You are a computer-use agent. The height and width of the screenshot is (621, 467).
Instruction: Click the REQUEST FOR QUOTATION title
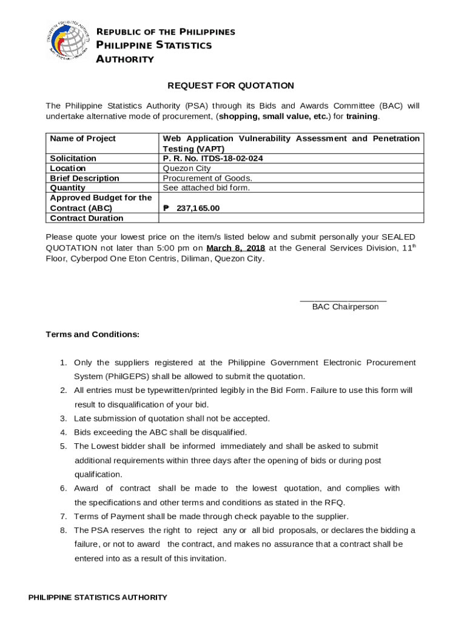tap(230, 86)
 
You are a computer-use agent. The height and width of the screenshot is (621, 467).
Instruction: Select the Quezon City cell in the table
tap(187, 168)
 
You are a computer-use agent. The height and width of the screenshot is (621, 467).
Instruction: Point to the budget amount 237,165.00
tap(198, 208)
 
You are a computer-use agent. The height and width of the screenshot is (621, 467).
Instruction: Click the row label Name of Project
tap(82, 138)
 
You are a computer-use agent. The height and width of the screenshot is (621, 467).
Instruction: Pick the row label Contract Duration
tap(86, 218)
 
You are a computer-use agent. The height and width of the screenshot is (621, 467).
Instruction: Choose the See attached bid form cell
tap(206, 188)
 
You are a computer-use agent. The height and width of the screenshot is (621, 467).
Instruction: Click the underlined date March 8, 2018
tap(235, 248)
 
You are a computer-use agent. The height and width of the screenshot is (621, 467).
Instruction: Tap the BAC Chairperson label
tap(345, 307)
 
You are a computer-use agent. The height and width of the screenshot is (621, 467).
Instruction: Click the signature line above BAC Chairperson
tap(343, 300)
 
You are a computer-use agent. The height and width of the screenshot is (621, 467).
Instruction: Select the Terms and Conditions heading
tap(92, 334)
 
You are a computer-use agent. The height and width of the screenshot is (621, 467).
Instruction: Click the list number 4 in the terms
tap(63, 432)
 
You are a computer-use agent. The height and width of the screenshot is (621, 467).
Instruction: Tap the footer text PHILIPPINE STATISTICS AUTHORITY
tap(98, 597)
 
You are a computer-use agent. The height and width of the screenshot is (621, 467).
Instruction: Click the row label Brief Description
tap(84, 178)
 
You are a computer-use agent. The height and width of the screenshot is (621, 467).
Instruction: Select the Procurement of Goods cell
tap(207, 178)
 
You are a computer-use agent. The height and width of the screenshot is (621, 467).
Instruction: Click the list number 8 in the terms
tap(63, 531)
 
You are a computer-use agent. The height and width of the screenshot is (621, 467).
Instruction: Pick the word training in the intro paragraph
tap(361, 116)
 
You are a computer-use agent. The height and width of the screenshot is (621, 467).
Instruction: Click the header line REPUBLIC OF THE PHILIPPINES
tap(166, 32)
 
